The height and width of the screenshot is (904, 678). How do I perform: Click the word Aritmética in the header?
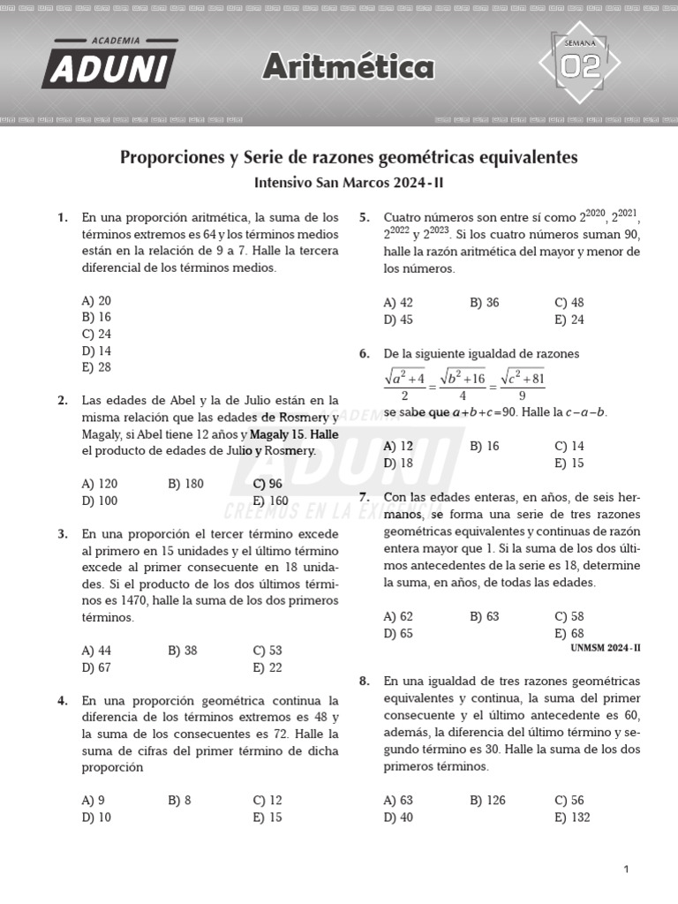pos(349,67)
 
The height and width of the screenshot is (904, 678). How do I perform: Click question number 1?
pos(63,217)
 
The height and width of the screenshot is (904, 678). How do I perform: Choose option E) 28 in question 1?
pos(96,367)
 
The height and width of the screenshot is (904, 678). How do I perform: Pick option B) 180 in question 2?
pos(185,484)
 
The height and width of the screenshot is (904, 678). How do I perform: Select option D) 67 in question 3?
pos(96,667)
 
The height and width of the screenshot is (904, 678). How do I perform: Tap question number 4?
pos(63,701)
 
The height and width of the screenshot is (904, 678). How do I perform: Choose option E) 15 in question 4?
pos(267,817)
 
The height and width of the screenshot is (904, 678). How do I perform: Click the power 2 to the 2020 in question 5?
pos(593,215)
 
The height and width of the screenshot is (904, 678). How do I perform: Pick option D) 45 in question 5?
pos(398,320)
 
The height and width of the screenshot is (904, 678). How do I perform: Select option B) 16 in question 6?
pos(485,447)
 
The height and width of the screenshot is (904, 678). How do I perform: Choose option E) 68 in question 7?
pos(569,633)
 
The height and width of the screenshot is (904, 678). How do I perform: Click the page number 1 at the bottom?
pos(626,870)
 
